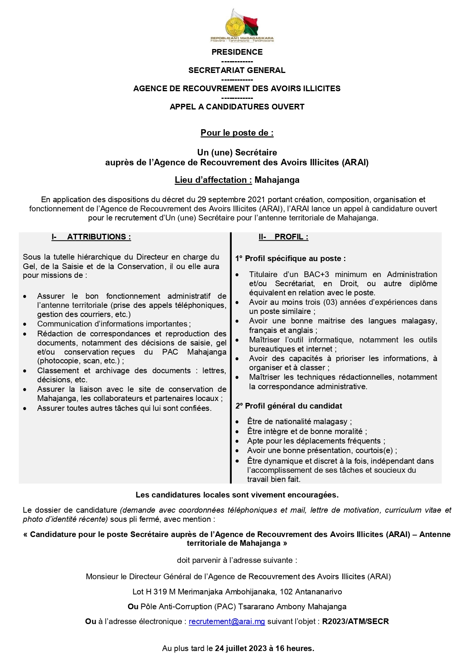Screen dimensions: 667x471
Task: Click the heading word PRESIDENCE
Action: pyautogui.click(x=237, y=52)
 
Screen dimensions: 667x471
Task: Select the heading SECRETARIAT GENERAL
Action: pyautogui.click(x=237, y=70)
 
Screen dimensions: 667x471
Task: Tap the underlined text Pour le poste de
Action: pyautogui.click(x=237, y=133)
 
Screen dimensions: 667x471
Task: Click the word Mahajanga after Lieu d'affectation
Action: pyautogui.click(x=277, y=180)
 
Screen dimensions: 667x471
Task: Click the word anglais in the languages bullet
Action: pyautogui.click(x=300, y=330)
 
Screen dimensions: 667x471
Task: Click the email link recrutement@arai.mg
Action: pyautogui.click(x=227, y=621)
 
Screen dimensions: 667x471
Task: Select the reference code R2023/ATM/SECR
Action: pyautogui.click(x=356, y=621)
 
